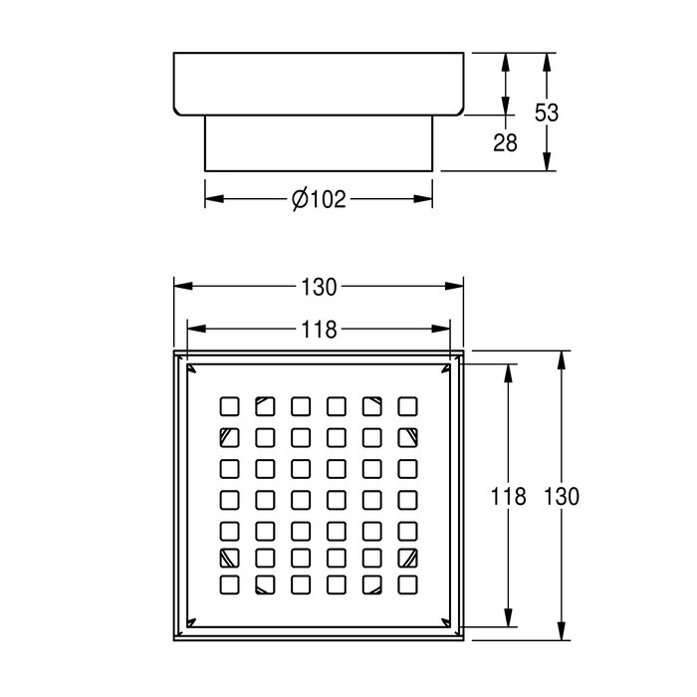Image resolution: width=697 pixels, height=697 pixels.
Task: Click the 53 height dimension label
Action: coord(547,113)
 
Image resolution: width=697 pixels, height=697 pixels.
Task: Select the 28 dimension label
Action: coord(506,143)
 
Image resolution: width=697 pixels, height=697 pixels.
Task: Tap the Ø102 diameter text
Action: coord(319,199)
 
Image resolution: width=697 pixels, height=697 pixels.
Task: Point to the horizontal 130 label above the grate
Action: coord(319,287)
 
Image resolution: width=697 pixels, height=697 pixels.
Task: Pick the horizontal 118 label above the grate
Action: coord(319,330)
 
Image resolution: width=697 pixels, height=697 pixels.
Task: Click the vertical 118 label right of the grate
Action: coord(508,496)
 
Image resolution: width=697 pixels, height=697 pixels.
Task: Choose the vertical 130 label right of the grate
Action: coord(562,496)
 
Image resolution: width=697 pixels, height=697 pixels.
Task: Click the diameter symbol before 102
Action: coord(300,199)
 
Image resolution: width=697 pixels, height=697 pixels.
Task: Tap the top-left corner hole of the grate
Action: coord(230,406)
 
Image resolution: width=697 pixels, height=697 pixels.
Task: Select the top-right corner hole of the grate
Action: coord(407,406)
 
